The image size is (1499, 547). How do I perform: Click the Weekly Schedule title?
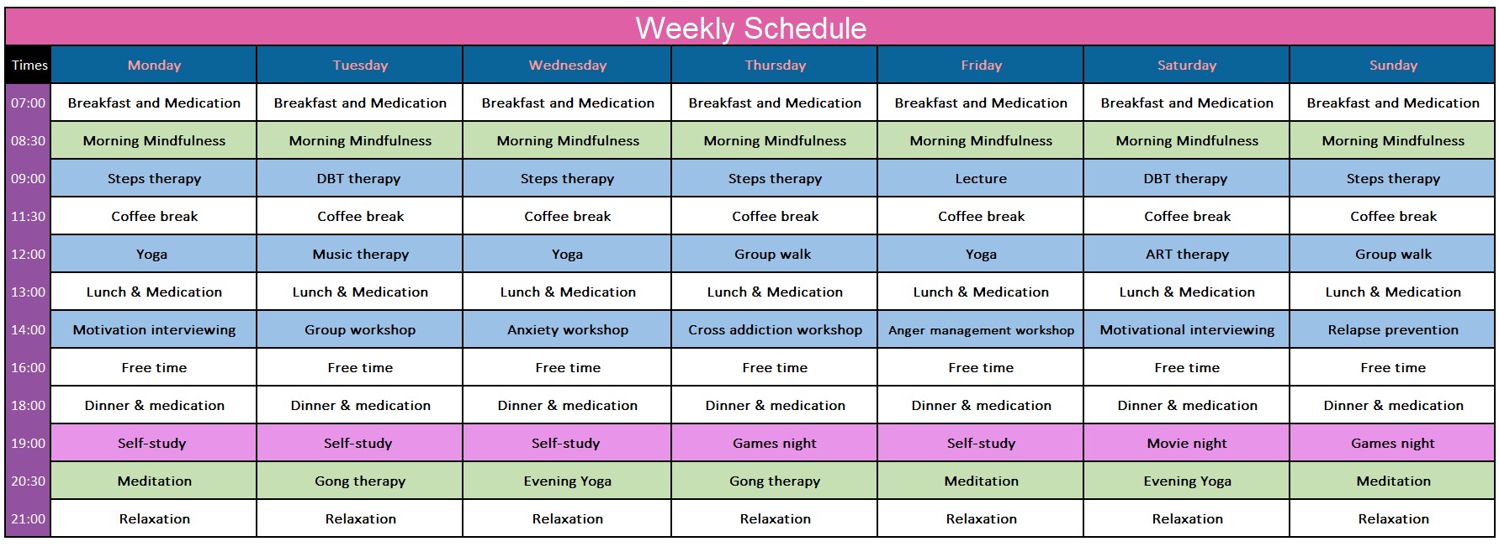tap(750, 28)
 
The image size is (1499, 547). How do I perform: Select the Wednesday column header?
tap(567, 65)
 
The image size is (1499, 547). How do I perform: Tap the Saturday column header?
tap(1186, 65)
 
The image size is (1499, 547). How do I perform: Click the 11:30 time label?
tap(28, 216)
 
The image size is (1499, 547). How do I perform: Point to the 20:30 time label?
tap(28, 481)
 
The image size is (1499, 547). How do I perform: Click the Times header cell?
tap(29, 65)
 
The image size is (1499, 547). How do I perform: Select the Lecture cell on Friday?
tap(981, 178)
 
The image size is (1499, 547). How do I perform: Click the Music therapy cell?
tap(360, 254)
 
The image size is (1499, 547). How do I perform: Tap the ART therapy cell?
tap(1186, 254)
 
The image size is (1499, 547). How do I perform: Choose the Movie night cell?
tap(1186, 443)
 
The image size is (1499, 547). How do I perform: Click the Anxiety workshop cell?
tap(567, 329)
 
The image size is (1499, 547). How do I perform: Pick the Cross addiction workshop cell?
tap(775, 329)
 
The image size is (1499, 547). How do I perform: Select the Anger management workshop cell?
tap(981, 329)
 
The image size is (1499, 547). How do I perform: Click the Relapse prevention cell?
tap(1393, 329)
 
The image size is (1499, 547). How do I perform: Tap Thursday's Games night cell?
tap(775, 443)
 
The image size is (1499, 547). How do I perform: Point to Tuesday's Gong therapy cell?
tap(360, 481)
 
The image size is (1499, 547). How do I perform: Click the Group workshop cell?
tap(360, 329)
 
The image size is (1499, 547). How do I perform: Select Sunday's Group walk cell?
tap(1393, 254)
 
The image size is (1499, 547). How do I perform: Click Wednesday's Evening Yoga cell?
tap(567, 481)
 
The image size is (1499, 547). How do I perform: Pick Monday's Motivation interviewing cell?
tap(154, 329)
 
